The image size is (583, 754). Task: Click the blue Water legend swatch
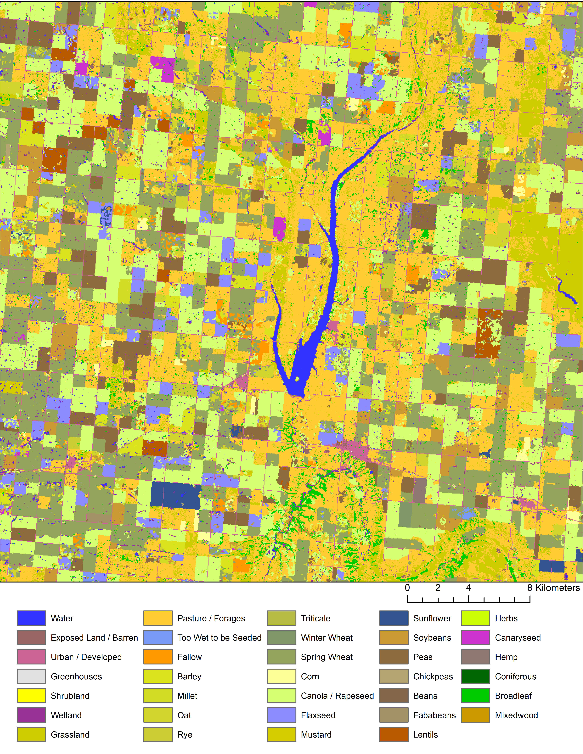[31, 618]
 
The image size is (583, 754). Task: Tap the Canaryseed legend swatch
[475, 637]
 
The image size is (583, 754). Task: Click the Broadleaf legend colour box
[475, 696]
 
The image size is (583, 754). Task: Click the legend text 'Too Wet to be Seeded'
[219, 638]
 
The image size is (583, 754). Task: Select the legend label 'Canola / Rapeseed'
[337, 696]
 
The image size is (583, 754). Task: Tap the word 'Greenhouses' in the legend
[76, 676]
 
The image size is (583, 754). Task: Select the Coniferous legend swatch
[475, 676]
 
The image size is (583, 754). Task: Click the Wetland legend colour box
[31, 715]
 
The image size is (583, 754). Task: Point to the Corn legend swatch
[281, 676]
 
